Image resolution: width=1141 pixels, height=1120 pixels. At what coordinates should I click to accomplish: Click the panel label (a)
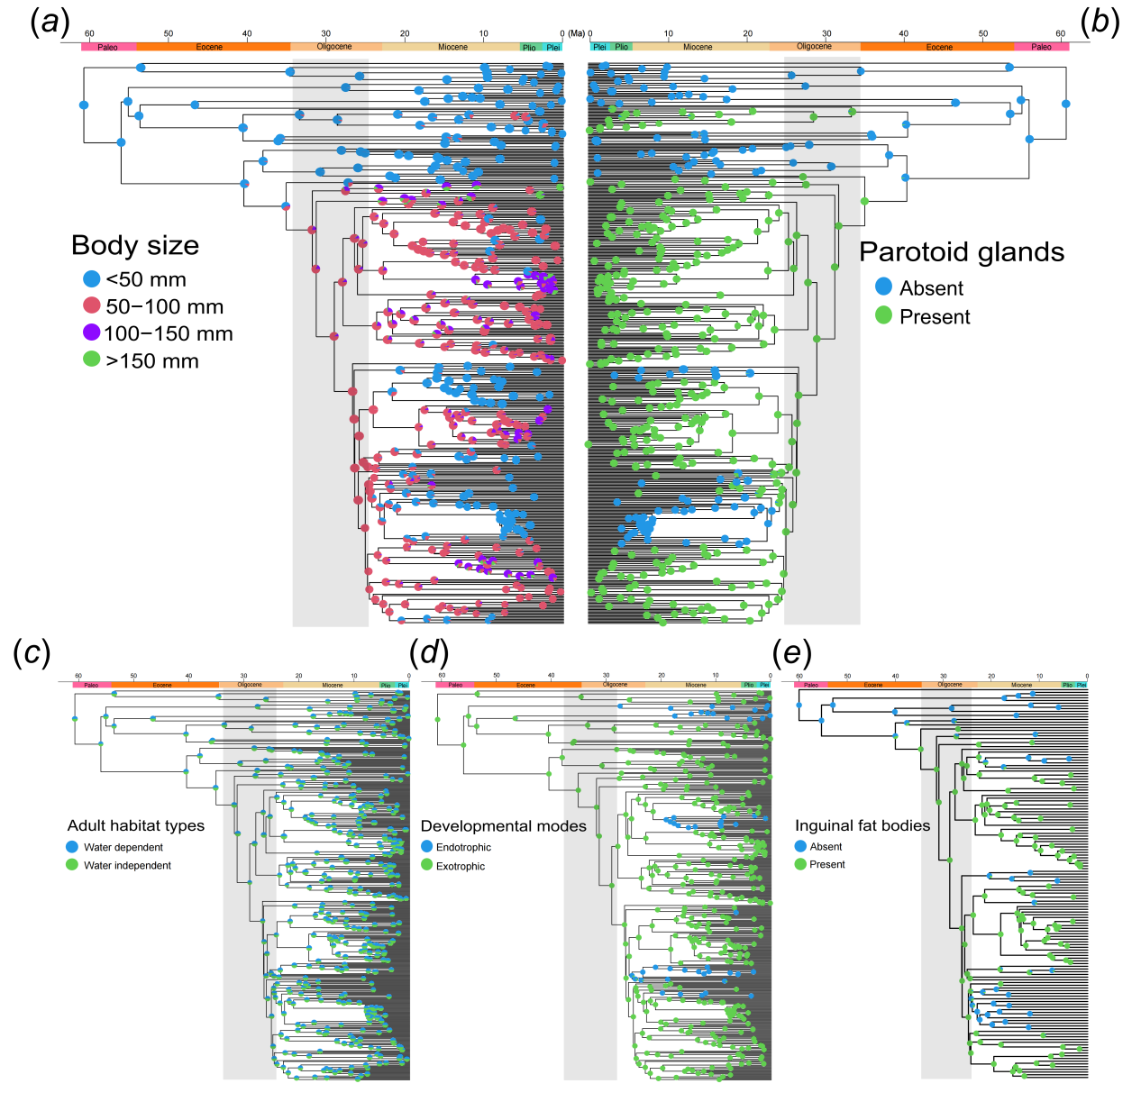click(50, 22)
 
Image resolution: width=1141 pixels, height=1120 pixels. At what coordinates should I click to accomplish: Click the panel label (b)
click(1100, 22)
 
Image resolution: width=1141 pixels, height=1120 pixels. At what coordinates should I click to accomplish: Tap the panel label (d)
click(428, 653)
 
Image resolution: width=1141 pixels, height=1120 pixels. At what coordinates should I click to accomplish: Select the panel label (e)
click(792, 653)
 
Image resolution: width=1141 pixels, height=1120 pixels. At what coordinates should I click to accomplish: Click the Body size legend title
click(135, 245)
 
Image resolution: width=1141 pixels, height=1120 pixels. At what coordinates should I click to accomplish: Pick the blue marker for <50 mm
click(92, 279)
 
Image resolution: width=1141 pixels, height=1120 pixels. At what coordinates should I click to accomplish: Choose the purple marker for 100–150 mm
click(92, 332)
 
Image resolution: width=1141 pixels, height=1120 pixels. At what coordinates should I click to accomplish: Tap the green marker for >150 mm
click(92, 360)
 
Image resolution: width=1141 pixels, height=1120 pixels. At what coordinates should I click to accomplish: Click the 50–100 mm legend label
click(164, 306)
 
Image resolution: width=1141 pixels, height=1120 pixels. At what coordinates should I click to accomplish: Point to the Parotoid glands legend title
click(962, 252)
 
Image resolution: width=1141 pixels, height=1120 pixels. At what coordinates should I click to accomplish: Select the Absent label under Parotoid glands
click(931, 288)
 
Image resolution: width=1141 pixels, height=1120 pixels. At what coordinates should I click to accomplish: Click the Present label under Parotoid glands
click(935, 317)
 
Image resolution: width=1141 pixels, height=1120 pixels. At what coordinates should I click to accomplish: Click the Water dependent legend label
click(123, 847)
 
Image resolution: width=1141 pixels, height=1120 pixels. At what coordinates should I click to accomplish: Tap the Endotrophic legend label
click(463, 847)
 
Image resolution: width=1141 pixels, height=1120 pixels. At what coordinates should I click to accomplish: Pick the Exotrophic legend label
click(461, 866)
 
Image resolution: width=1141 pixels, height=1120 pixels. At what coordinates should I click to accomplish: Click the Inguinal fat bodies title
click(863, 825)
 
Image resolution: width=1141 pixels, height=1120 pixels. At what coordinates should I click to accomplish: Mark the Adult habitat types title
click(136, 825)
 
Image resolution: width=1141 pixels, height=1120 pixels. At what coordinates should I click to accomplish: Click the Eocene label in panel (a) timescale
click(209, 47)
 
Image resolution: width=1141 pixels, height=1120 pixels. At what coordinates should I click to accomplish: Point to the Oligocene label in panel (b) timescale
click(814, 46)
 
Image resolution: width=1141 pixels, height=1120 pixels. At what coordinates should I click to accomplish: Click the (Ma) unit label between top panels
click(576, 34)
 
